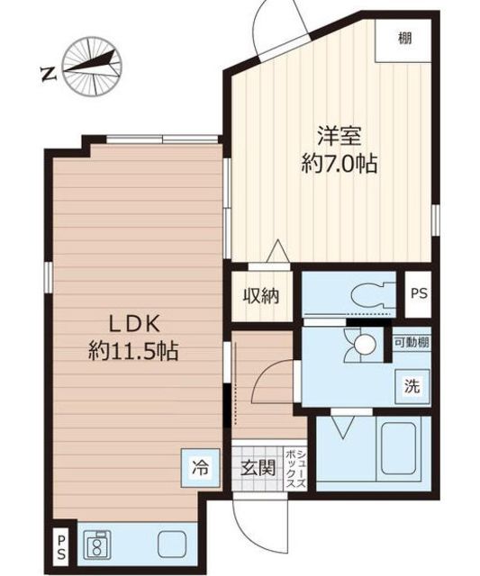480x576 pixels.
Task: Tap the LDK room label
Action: [x=134, y=324]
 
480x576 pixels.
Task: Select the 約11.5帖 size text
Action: [x=133, y=351]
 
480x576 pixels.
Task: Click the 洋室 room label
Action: [x=340, y=137]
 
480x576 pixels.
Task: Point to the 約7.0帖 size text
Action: [x=340, y=164]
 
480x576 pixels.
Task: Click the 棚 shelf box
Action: [x=403, y=40]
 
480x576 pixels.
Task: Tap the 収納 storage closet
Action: [x=261, y=296]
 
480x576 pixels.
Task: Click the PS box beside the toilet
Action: [x=418, y=294]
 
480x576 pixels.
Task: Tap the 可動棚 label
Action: [x=412, y=342]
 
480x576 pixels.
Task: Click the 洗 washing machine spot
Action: [x=412, y=386]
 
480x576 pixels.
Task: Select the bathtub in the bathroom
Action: [x=398, y=448]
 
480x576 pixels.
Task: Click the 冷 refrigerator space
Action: [x=201, y=468]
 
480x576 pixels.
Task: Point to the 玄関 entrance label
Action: [x=258, y=468]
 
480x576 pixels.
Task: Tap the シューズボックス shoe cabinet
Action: [x=296, y=468]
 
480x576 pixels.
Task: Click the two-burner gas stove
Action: [x=97, y=546]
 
